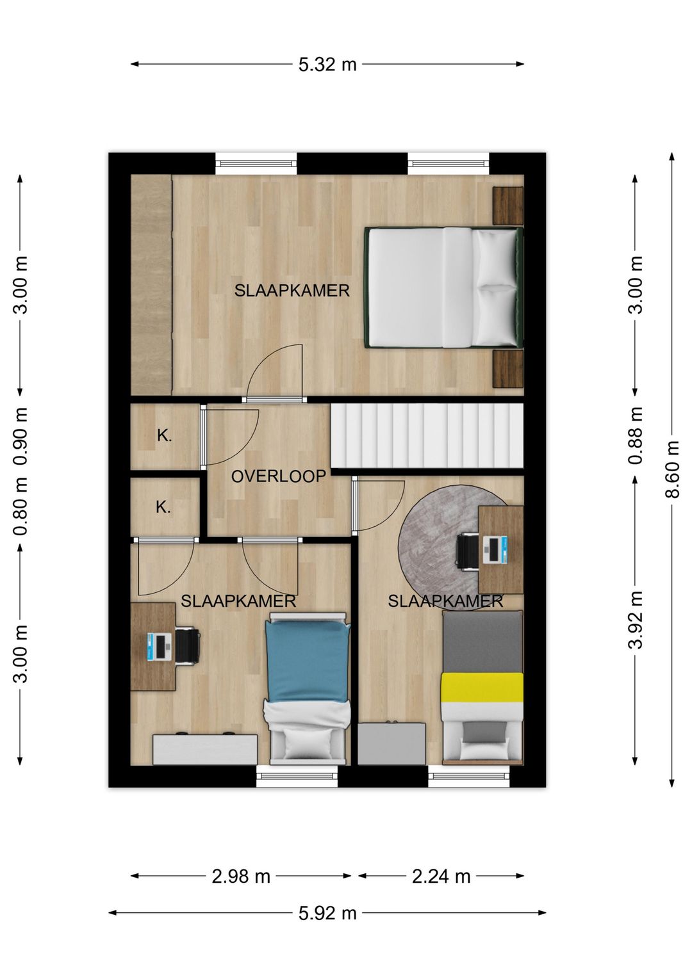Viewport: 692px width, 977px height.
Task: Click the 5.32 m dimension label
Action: [327, 65]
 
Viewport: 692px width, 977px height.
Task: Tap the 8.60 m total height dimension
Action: [672, 469]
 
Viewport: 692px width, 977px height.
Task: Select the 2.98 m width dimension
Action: [241, 875]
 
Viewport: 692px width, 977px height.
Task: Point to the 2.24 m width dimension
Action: [441, 875]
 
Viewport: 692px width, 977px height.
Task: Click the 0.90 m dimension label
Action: [21, 435]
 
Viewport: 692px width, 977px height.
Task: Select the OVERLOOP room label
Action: [279, 476]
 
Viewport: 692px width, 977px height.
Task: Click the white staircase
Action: [427, 435]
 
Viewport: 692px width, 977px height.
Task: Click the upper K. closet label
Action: [165, 436]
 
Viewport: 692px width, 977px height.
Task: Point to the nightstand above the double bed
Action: [508, 206]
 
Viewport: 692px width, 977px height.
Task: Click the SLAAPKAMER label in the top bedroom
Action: [292, 291]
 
